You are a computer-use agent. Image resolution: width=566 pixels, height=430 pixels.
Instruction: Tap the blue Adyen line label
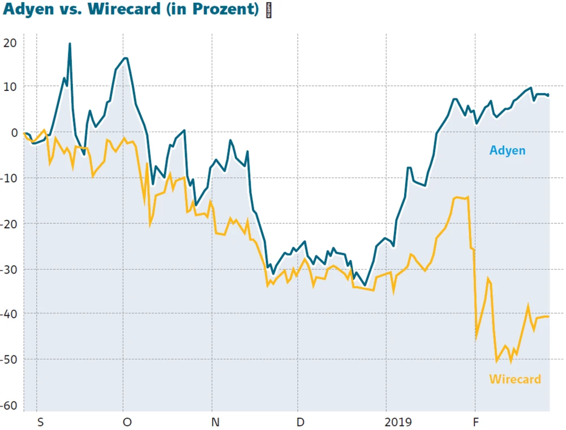click(x=507, y=150)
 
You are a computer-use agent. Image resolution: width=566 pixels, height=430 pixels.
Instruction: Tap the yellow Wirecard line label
click(x=515, y=379)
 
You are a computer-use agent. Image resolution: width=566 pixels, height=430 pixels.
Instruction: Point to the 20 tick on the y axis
click(x=10, y=42)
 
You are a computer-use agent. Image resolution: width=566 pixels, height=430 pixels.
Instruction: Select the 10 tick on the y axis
click(x=10, y=86)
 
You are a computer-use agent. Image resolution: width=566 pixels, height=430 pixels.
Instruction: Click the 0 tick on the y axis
click(x=14, y=132)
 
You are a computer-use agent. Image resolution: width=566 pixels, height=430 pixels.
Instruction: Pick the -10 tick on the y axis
click(x=8, y=178)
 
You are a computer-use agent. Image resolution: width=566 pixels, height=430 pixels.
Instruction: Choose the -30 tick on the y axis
click(x=8, y=269)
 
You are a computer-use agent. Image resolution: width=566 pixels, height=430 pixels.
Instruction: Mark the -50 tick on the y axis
click(x=8, y=359)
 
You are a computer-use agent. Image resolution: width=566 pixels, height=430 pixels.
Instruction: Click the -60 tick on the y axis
click(x=8, y=405)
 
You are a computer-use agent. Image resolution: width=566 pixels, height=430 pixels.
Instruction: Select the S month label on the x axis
click(x=40, y=422)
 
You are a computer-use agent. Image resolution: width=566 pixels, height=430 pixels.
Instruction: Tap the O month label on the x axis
click(x=127, y=422)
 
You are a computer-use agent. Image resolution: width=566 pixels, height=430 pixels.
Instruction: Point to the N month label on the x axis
click(x=215, y=422)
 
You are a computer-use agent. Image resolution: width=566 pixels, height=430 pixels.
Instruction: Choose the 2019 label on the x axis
click(x=398, y=422)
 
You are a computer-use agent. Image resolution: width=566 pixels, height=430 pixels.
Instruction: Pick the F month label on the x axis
click(x=477, y=422)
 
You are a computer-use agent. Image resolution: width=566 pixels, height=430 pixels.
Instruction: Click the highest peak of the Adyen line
click(x=70, y=44)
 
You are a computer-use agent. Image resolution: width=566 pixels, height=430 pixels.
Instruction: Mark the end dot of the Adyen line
click(x=548, y=95)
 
